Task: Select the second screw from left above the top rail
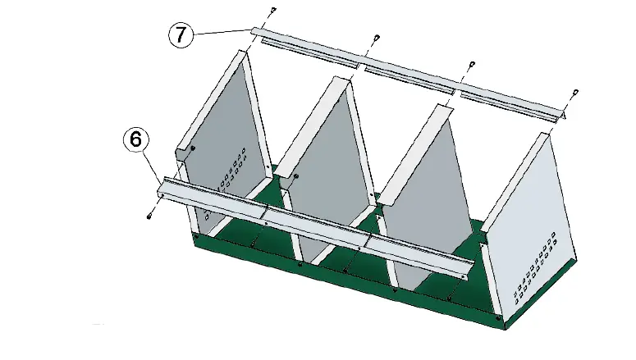tap(376, 37)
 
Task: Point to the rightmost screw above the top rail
tap(575, 92)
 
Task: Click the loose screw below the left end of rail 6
tap(150, 216)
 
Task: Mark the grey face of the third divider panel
tap(427, 172)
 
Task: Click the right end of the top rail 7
tap(561, 118)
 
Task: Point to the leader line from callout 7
tap(222, 32)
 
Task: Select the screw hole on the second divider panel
tap(295, 176)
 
